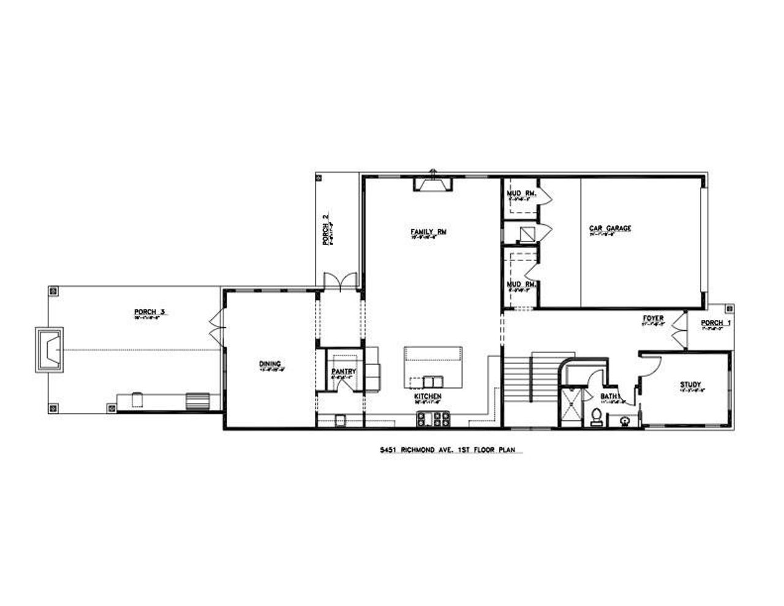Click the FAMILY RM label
click(428, 232)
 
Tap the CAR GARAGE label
click(610, 229)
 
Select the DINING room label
click(269, 365)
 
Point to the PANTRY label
click(344, 371)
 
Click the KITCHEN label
click(428, 396)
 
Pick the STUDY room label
click(690, 385)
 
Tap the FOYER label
click(654, 319)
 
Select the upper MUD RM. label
click(521, 194)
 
